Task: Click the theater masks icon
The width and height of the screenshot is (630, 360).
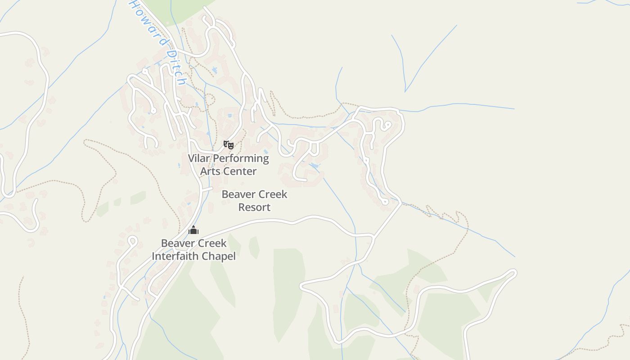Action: pyautogui.click(x=229, y=145)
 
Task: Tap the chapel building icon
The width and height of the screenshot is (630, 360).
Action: pyautogui.click(x=193, y=230)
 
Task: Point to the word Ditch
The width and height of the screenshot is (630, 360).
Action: pyautogui.click(x=175, y=67)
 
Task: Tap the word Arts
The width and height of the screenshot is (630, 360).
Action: pyautogui.click(x=210, y=171)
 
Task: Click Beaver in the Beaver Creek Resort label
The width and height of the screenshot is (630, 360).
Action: pyautogui.click(x=238, y=194)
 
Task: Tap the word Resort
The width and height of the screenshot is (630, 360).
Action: pyautogui.click(x=254, y=207)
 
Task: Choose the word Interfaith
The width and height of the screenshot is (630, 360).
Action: pyautogui.click(x=174, y=256)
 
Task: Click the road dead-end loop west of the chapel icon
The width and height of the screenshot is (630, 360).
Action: pyautogui.click(x=132, y=240)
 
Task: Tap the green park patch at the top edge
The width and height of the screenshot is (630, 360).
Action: pyautogui.click(x=180, y=9)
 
